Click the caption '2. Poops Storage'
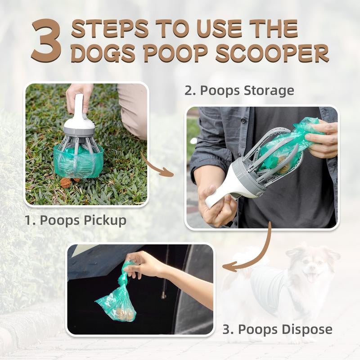coord(239,90)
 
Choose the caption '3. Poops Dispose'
coord(278,329)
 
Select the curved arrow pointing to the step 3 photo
coord(252,252)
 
